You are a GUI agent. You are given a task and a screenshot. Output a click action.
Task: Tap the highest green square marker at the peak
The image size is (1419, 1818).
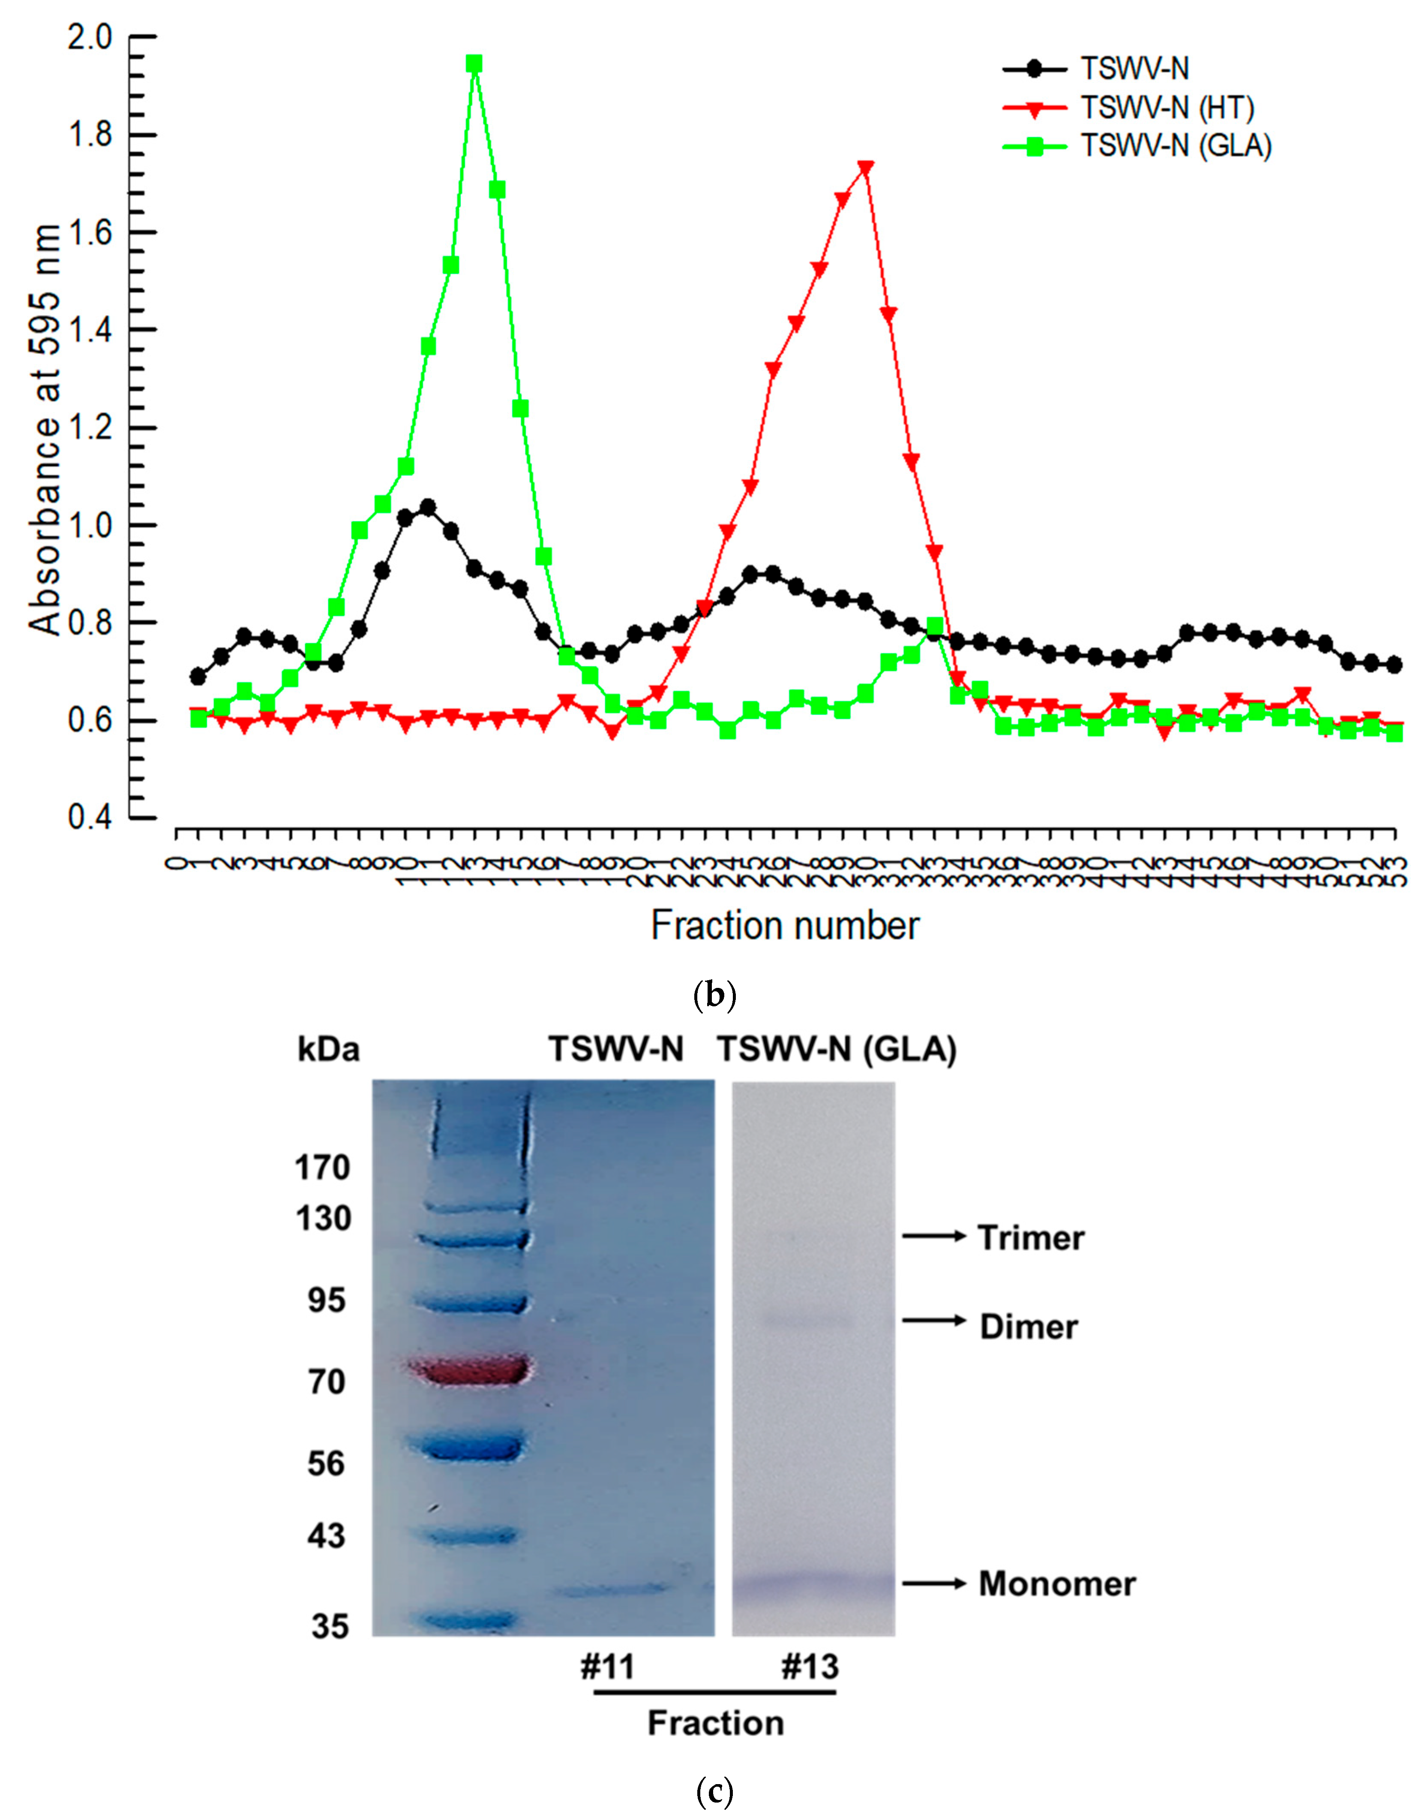pyautogui.click(x=474, y=64)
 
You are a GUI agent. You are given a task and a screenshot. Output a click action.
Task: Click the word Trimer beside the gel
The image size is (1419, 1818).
pyautogui.click(x=1030, y=1238)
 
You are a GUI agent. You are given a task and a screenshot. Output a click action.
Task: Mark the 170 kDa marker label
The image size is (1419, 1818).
pyautogui.click(x=322, y=1168)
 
